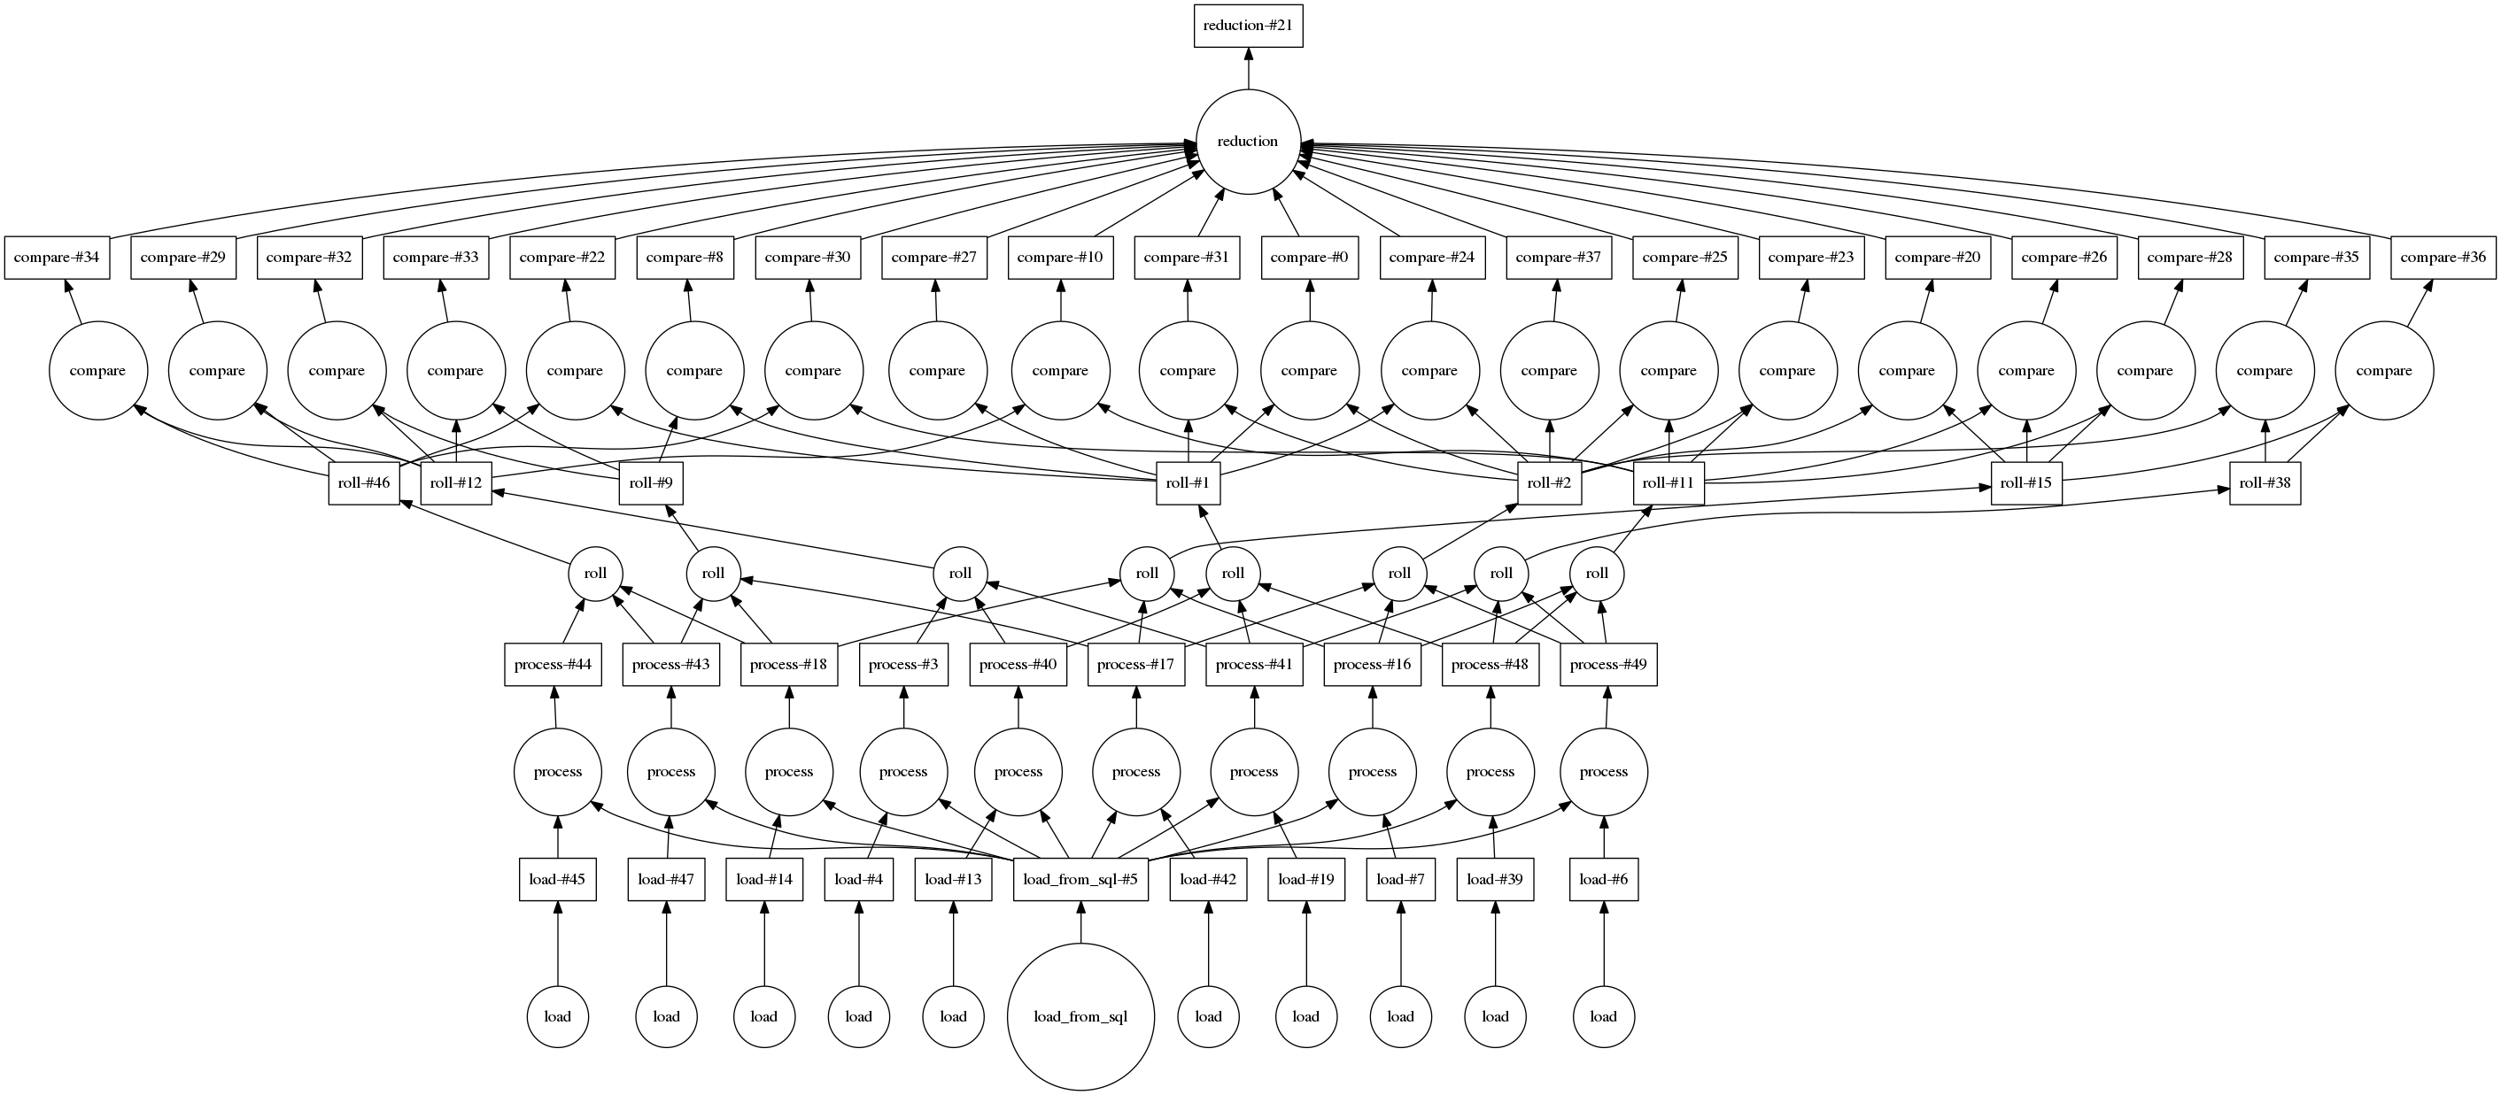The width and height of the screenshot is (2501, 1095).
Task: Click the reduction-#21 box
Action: (1248, 26)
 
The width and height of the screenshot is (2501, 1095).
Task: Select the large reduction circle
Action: (1248, 142)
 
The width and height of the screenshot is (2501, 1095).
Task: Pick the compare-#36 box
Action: (2443, 258)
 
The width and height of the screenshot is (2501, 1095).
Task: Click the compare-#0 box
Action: (1309, 258)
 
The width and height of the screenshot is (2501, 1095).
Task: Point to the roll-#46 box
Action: (364, 482)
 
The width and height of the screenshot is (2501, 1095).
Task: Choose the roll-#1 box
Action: (1189, 482)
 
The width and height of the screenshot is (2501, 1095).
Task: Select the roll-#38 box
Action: (2265, 482)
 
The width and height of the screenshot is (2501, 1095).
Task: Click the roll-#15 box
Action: (2026, 482)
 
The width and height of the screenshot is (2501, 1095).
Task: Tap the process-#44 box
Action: (553, 665)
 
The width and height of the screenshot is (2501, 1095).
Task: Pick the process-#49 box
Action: (1607, 665)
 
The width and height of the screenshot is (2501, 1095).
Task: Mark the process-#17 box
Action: (1136, 665)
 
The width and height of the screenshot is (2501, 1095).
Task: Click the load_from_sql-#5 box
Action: (1080, 881)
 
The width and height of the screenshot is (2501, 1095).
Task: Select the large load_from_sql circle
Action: (1080, 1016)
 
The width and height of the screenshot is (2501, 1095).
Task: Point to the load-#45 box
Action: (557, 881)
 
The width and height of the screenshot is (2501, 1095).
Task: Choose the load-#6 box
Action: (1603, 881)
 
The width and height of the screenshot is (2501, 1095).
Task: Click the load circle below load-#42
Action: (1208, 1016)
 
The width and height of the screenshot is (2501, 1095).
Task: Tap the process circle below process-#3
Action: (903, 772)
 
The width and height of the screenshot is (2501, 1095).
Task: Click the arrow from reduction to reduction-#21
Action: (1248, 68)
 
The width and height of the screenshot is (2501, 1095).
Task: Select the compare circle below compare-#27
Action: (937, 371)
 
